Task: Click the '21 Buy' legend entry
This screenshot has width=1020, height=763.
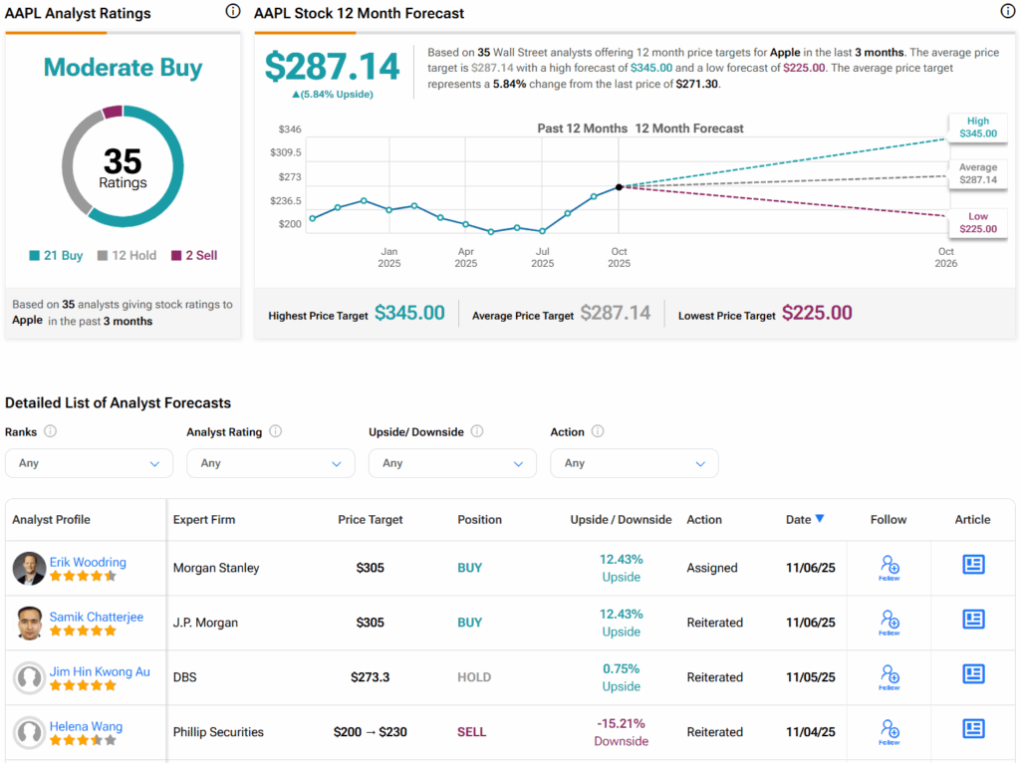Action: [56, 256]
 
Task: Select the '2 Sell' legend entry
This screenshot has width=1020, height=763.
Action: [193, 256]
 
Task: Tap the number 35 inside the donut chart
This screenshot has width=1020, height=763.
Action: [123, 162]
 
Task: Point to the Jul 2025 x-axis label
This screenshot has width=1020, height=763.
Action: [543, 257]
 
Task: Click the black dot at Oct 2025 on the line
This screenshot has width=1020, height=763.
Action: [619, 186]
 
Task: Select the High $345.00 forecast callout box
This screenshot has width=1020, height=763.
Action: [977, 127]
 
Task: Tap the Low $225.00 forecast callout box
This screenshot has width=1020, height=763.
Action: [977, 222]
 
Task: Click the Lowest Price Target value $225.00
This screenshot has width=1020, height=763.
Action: [817, 313]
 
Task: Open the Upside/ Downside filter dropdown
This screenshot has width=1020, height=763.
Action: [452, 463]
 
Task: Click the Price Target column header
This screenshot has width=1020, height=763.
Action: [371, 520]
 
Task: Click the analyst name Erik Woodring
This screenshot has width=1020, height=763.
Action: [88, 562]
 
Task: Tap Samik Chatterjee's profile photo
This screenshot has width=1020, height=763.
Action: [30, 623]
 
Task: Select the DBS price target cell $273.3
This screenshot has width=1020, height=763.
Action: [371, 677]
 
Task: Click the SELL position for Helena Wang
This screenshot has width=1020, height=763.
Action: [471, 732]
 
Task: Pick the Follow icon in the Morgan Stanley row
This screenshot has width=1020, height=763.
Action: [890, 568]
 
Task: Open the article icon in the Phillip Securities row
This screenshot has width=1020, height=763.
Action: [973, 729]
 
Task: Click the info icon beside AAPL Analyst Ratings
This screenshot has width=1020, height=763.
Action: [233, 12]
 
